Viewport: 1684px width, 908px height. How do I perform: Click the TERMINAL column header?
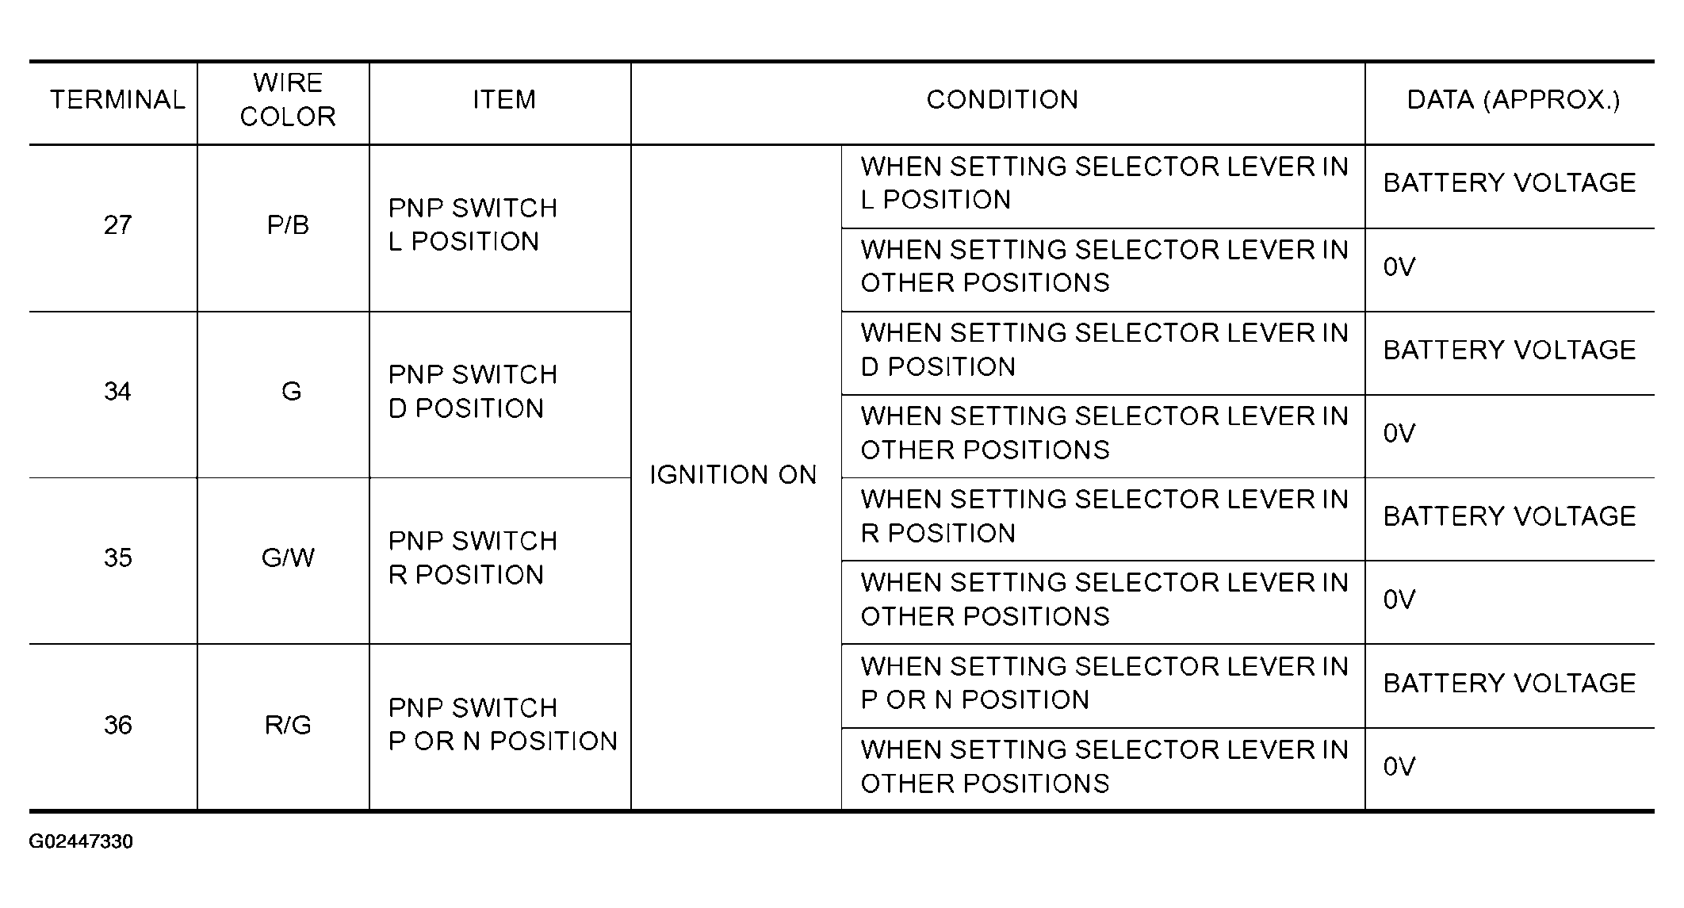click(x=117, y=100)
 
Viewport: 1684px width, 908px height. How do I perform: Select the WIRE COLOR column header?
click(x=288, y=100)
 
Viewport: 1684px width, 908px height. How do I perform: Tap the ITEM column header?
click(x=504, y=100)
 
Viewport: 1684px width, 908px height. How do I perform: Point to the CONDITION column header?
click(x=1002, y=100)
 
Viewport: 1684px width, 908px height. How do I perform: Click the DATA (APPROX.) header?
click(x=1513, y=100)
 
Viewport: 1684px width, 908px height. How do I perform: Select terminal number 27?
click(x=117, y=225)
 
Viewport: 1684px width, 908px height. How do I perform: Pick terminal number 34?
click(x=117, y=392)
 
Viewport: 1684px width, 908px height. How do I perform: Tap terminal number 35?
click(x=117, y=558)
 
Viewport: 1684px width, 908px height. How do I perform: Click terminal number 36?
click(x=117, y=725)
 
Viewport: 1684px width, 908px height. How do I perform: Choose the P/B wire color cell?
click(x=288, y=225)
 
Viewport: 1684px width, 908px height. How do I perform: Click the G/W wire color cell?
click(x=288, y=558)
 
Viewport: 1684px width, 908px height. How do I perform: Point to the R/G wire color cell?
click(x=288, y=725)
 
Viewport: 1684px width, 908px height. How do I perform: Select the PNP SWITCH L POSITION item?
click(x=473, y=224)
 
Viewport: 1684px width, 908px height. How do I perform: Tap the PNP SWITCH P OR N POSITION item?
click(x=503, y=724)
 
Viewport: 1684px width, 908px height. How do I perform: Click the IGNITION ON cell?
click(x=733, y=475)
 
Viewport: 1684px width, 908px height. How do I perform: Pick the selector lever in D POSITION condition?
click(x=1104, y=350)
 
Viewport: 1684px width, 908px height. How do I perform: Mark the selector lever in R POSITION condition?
click(x=1104, y=516)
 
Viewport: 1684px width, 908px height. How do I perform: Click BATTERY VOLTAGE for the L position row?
click(x=1510, y=183)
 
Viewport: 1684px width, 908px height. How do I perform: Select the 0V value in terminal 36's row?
click(x=1399, y=767)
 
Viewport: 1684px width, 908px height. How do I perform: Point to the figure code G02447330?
click(x=81, y=841)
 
